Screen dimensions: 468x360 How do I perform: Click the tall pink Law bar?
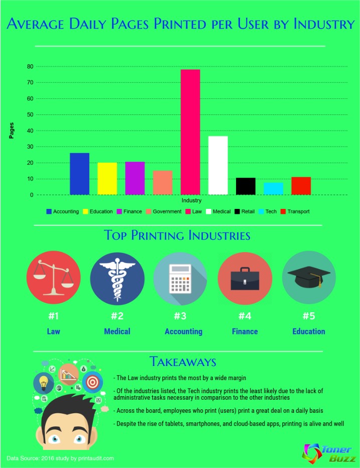pyautogui.click(x=190, y=132)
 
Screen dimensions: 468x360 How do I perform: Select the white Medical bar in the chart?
pyautogui.click(x=218, y=165)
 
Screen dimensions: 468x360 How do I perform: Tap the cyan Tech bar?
pyautogui.click(x=273, y=188)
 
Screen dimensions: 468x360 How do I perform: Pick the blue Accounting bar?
pyautogui.click(x=79, y=174)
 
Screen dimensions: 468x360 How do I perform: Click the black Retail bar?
pyautogui.click(x=246, y=186)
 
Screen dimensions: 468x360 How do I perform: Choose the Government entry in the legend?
pyautogui.click(x=164, y=211)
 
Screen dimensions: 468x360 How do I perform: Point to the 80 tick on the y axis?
pyautogui.click(x=30, y=67)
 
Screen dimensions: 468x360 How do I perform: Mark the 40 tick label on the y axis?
pyautogui.click(x=30, y=131)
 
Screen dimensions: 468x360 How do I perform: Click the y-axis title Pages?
pyautogui.click(x=12, y=131)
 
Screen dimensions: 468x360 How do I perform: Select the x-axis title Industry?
pyautogui.click(x=191, y=201)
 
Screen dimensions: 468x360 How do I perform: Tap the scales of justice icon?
pyautogui.click(x=53, y=277)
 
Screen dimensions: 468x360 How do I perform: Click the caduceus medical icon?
pyautogui.click(x=117, y=277)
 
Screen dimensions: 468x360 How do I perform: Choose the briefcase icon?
pyautogui.click(x=245, y=277)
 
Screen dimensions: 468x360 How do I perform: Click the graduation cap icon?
pyautogui.click(x=308, y=277)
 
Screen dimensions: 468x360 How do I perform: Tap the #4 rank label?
pyautogui.click(x=245, y=316)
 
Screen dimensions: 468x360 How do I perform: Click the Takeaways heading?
pyautogui.click(x=183, y=362)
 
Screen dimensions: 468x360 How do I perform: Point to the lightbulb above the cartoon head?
pyautogui.click(x=43, y=383)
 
